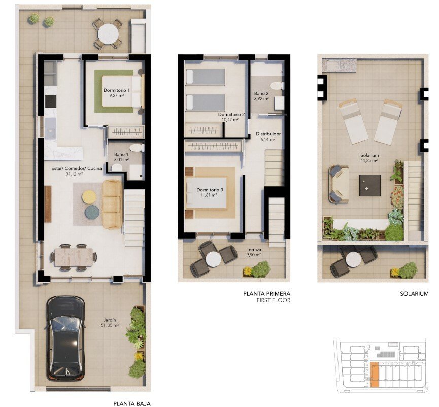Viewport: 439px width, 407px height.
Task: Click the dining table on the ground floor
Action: [x=74, y=256]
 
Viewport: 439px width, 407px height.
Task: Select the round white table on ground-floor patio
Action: [x=108, y=34]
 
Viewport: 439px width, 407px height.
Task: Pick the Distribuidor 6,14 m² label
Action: [x=268, y=136]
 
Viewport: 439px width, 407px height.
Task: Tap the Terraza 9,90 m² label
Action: [x=254, y=252]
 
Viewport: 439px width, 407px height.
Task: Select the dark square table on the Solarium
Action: [x=370, y=185]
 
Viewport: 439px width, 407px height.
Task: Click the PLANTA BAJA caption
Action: [x=132, y=404]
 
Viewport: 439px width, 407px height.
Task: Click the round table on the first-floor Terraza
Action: [x=214, y=258]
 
